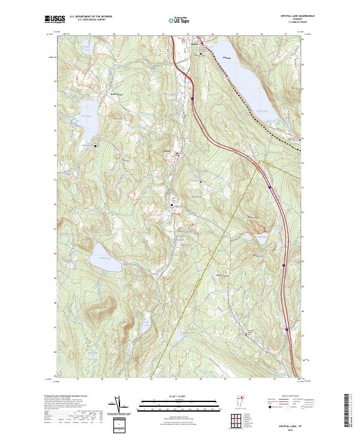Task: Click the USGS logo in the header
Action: [55, 19]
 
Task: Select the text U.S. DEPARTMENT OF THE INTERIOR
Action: [91, 16]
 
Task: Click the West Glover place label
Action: [100, 94]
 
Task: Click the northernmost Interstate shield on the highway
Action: [192, 98]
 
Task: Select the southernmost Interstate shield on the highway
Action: [287, 329]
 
